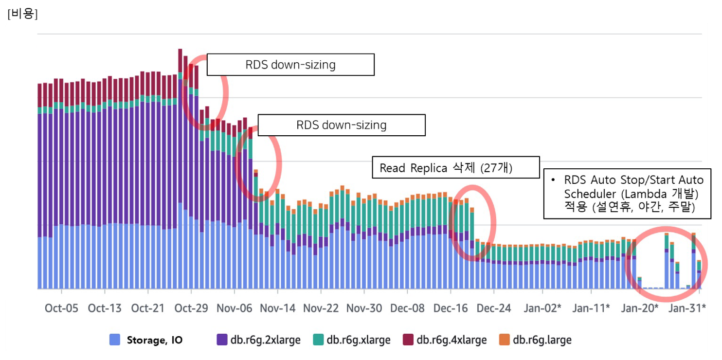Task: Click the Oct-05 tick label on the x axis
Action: pos(61,308)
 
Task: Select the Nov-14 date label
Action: pos(278,308)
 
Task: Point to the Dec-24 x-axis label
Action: pos(494,308)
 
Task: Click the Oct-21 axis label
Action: pos(148,308)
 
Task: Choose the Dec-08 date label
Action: pos(407,308)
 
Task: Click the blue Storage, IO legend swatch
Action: pos(115,340)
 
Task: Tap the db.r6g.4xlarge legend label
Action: pos(452,340)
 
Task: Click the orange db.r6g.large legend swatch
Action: pos(505,340)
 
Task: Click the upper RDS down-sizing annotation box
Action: pos(290,65)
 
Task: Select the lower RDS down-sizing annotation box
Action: pos(341,125)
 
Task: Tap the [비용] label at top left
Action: pos(22,14)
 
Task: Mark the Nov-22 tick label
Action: pos(321,308)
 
